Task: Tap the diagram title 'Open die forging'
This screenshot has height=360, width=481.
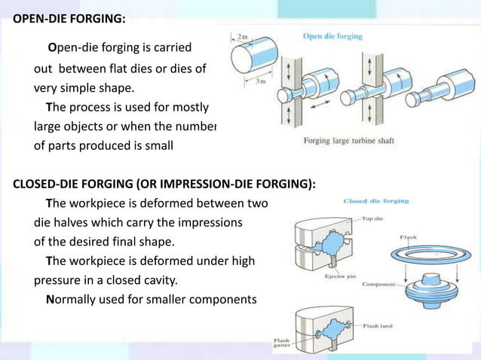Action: pos(332,36)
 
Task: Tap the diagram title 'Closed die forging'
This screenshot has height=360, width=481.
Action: pos(375,201)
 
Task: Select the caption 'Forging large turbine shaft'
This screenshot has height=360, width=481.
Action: pos(348,141)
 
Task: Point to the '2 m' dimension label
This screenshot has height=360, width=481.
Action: pos(242,36)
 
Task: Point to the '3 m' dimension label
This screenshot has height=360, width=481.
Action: pos(259,81)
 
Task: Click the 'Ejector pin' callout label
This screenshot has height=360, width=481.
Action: pos(340,276)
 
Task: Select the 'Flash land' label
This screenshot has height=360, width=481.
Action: pos(381,326)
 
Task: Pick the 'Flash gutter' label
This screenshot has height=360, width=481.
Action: pos(281,344)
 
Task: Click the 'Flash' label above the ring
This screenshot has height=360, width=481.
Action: pos(408,237)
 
